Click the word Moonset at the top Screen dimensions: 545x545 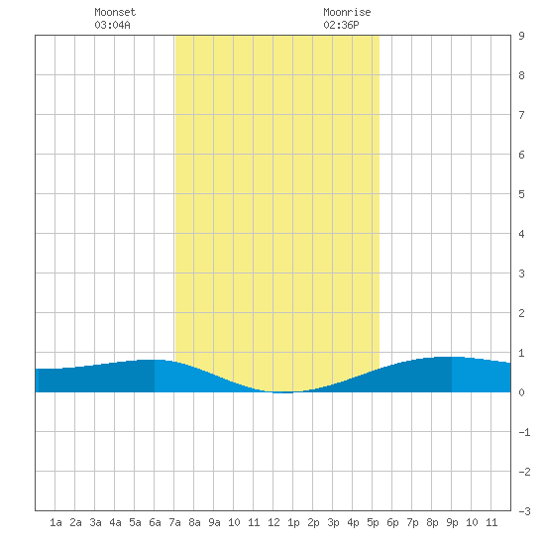(115, 12)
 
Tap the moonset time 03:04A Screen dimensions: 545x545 (112, 25)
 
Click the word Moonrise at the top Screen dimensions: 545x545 (347, 12)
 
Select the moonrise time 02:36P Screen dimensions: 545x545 (341, 25)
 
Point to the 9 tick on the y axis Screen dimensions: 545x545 (521, 36)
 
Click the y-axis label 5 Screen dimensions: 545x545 (521, 194)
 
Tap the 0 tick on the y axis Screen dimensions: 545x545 (521, 392)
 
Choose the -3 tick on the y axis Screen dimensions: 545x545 (524, 511)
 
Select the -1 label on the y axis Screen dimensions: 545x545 (524, 432)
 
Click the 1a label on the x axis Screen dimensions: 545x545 (55, 522)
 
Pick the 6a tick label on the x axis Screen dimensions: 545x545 (155, 522)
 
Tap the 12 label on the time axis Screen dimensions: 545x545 (273, 522)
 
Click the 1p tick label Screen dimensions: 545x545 (293, 522)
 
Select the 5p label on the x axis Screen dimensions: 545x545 (373, 522)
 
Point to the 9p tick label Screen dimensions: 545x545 (452, 522)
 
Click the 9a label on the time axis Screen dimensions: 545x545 (214, 522)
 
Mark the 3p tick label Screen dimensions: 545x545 (333, 522)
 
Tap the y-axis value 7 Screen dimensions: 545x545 (521, 115)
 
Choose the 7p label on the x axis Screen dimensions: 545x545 (412, 522)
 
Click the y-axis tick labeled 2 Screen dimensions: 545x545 (521, 313)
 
